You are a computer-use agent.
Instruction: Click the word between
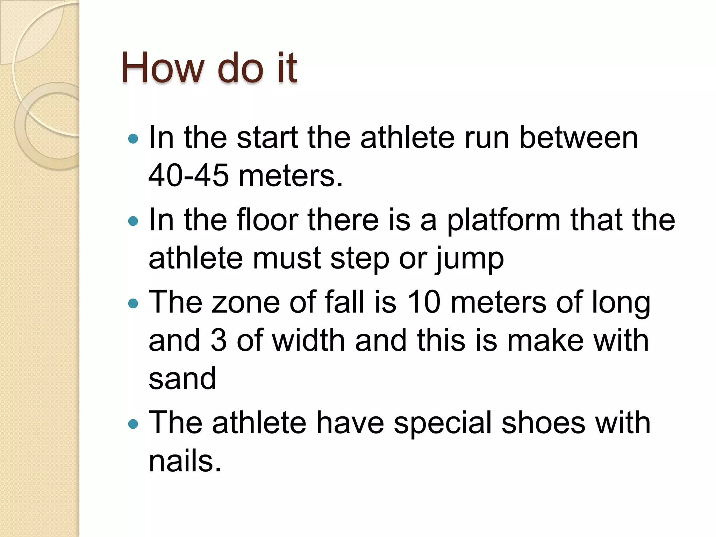(x=579, y=137)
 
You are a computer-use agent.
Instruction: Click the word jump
(x=470, y=259)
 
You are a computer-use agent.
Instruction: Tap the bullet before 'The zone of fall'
(x=134, y=303)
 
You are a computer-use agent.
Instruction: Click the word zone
(x=246, y=302)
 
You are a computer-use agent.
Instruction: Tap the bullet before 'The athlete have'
(x=134, y=424)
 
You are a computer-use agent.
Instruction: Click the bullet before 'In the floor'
(x=134, y=221)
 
